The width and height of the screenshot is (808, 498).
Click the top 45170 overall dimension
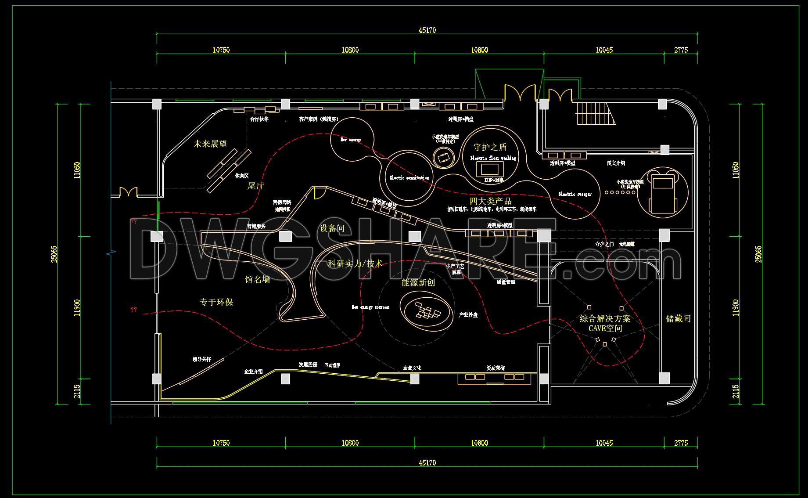point(427,30)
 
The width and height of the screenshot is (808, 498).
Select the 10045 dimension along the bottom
point(604,443)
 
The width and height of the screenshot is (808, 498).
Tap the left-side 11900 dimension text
point(77,307)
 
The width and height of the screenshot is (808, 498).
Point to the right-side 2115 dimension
point(736,391)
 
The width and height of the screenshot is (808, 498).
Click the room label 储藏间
point(678,319)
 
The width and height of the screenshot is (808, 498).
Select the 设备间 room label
point(332,228)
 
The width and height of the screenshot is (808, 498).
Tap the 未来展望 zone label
point(210,144)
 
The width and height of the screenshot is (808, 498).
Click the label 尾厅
point(255,186)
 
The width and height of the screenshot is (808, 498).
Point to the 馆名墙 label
point(257,279)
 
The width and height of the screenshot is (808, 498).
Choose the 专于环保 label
point(216,302)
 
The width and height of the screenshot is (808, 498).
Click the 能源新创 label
point(418,283)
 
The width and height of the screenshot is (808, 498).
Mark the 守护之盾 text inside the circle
point(490,147)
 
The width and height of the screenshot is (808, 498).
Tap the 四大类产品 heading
point(491,201)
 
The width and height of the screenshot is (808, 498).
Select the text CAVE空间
point(605,328)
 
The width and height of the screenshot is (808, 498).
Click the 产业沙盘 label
point(468,315)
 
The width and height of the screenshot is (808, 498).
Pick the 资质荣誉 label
point(496,368)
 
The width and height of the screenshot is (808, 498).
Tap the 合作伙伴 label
point(259,119)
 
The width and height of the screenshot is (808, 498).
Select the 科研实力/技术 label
point(355,264)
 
